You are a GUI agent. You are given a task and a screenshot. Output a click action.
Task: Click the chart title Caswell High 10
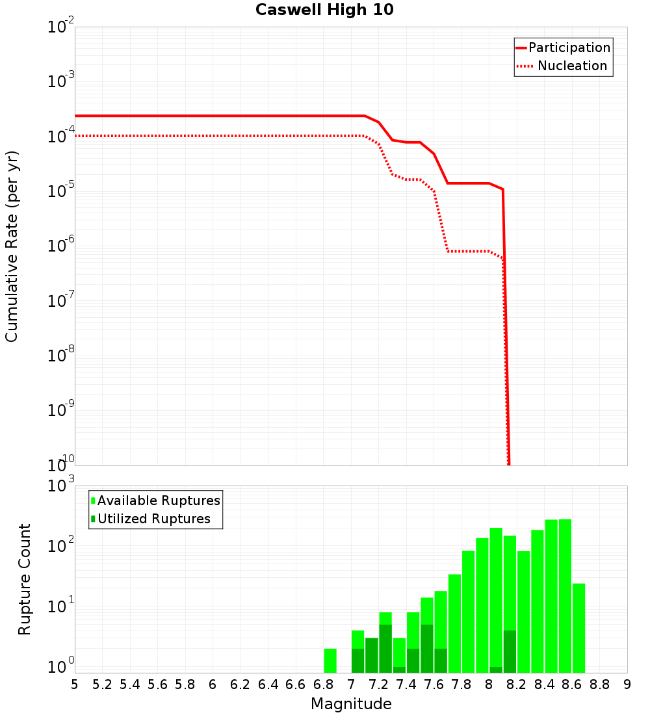324,10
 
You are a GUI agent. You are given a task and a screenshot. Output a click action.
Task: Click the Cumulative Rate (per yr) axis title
12,246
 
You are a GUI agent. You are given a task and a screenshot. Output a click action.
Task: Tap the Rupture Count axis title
25,579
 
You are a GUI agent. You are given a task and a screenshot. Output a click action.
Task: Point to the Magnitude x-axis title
351,704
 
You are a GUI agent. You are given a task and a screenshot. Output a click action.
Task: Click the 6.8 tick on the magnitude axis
323,684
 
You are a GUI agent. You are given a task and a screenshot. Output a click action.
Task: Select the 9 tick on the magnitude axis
627,684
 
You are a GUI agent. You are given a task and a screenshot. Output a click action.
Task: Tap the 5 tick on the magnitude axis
75,684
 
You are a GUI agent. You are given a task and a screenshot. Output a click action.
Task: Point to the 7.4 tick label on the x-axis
406,684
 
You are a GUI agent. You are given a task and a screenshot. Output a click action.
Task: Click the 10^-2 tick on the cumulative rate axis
61,27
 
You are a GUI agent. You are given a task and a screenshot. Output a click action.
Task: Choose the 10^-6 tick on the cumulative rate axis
61,246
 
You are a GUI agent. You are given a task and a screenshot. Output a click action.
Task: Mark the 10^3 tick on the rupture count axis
61,486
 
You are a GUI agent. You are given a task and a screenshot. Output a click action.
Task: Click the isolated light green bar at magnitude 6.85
330,660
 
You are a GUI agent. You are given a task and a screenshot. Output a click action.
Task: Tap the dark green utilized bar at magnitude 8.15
510,651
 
